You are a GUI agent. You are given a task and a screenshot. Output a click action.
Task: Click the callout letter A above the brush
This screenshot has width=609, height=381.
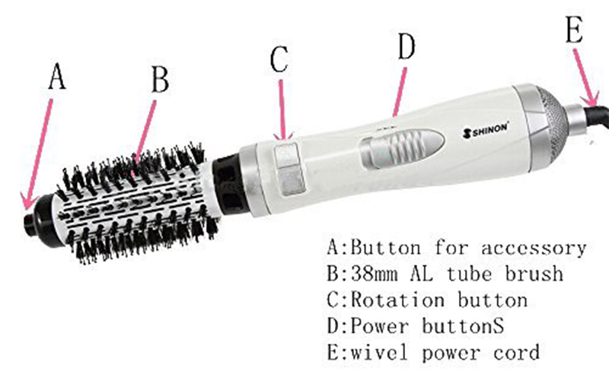tap(57, 77)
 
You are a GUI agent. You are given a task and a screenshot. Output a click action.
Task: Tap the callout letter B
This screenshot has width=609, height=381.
tap(160, 79)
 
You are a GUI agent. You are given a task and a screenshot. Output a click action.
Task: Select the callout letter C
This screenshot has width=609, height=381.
tap(279, 59)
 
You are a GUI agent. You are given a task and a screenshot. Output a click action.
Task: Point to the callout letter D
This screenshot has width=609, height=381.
tap(407, 46)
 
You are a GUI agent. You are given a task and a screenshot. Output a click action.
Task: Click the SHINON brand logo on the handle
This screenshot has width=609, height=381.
tap(485, 129)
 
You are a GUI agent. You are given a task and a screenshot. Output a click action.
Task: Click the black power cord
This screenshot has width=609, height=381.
tap(595, 117)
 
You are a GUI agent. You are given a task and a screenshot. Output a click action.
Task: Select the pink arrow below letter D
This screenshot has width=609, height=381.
tap(400, 92)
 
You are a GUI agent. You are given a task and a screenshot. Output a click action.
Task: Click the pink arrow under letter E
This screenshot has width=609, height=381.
tap(585, 78)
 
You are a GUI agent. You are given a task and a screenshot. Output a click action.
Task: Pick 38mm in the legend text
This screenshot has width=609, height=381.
tap(375, 274)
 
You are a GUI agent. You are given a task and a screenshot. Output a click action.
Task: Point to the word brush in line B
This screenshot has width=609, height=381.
tap(534, 273)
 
